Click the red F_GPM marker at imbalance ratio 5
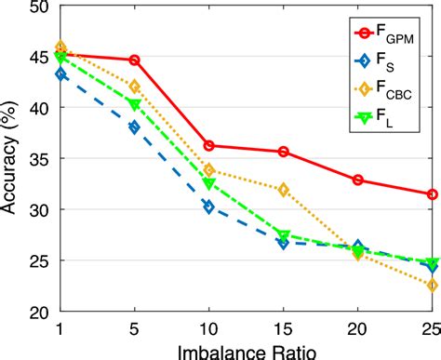(135, 60)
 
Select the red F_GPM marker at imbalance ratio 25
(432, 194)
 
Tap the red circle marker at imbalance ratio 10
(209, 145)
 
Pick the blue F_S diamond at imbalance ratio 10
(209, 207)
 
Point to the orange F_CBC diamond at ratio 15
(284, 190)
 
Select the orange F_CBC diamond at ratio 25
(432, 286)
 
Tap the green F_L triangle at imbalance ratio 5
(135, 104)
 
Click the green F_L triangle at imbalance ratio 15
(284, 235)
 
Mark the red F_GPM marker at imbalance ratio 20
(358, 180)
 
